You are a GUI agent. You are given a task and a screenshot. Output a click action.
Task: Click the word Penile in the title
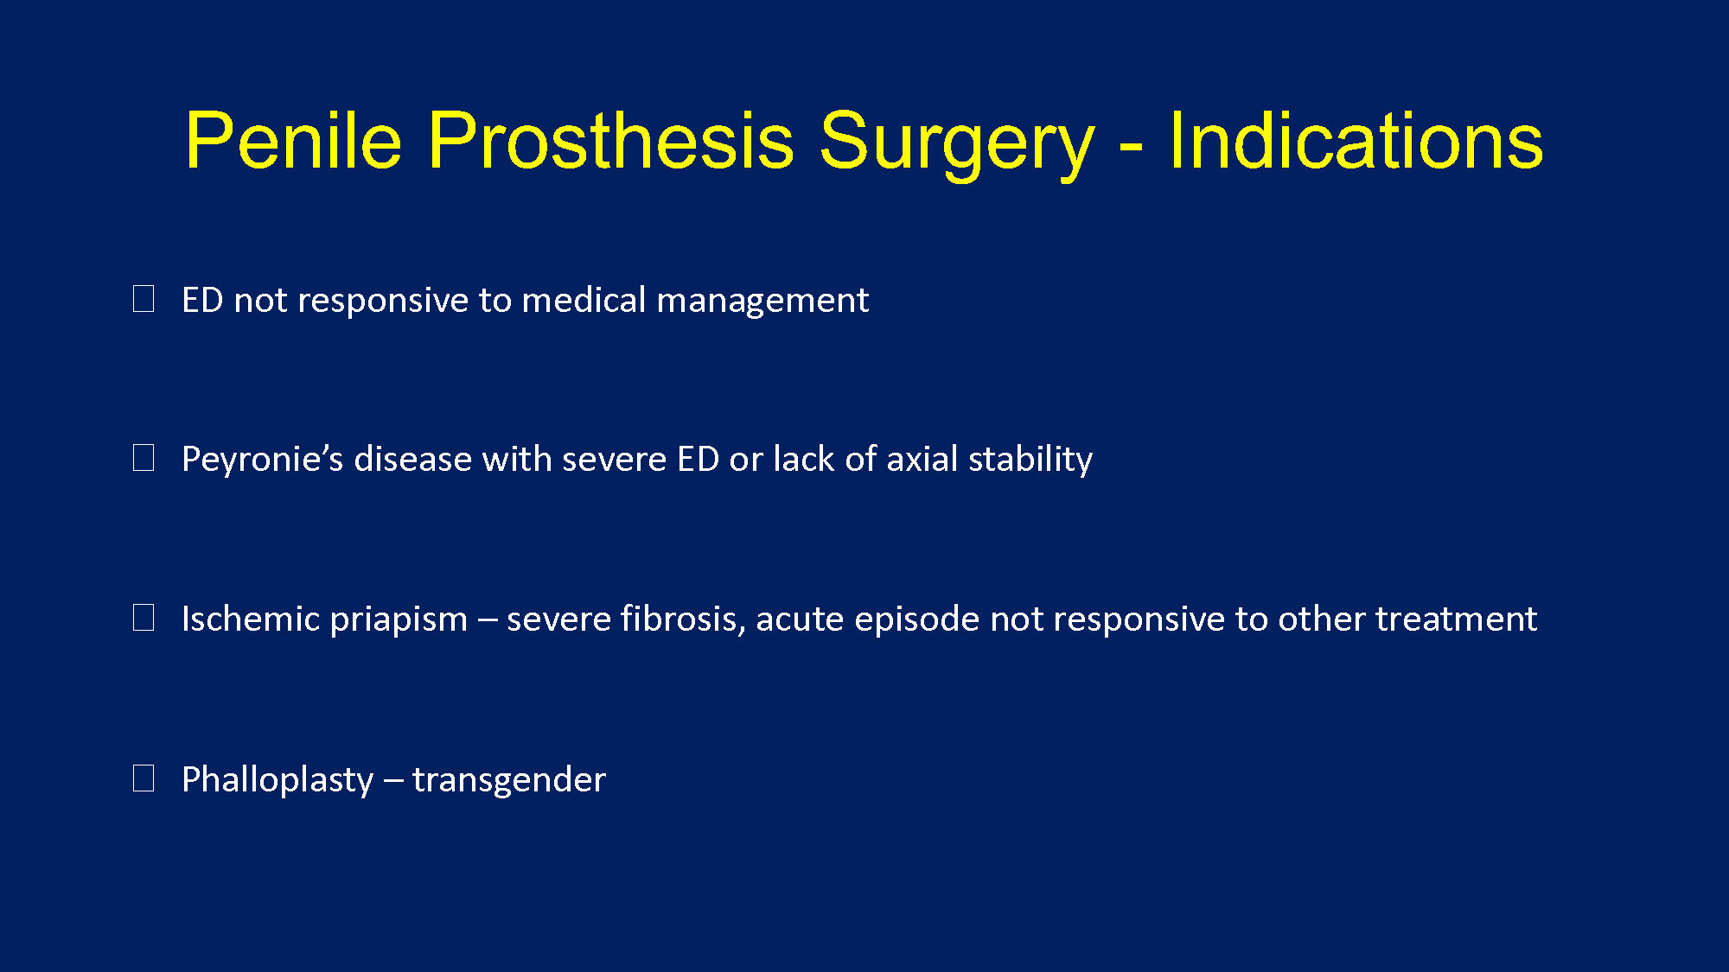coord(294,140)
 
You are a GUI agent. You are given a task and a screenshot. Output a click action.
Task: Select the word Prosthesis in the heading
coord(610,140)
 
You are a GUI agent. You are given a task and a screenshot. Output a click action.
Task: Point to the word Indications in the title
coord(1356,140)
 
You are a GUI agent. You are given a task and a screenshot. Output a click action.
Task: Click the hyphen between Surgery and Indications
coord(1132,147)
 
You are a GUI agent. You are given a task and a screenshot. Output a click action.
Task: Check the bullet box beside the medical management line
coord(144,299)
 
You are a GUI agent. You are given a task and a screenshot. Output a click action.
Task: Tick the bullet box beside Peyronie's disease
coord(144,458)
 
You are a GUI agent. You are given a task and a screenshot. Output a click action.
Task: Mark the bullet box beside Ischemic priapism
coord(144,618)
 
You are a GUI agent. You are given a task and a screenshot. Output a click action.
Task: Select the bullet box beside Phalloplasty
coord(144,778)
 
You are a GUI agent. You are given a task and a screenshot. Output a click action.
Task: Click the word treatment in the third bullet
coord(1456,619)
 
